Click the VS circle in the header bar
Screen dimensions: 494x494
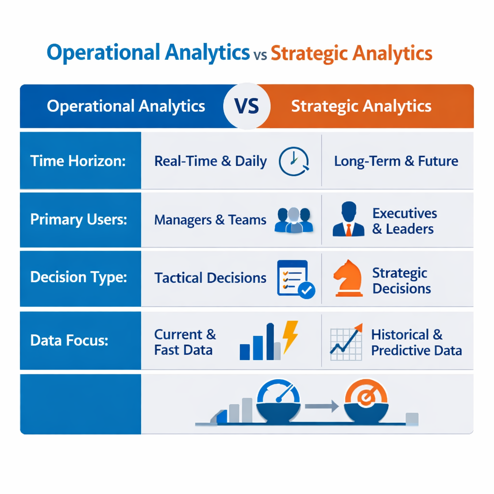click(247, 106)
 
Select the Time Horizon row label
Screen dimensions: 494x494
click(78, 161)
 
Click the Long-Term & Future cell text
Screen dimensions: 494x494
click(396, 161)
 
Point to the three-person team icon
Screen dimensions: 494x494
click(293, 220)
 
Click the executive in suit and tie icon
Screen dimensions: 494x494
click(348, 220)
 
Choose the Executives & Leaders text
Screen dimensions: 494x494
click(404, 220)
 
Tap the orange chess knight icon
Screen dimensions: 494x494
click(348, 278)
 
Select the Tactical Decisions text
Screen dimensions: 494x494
click(210, 278)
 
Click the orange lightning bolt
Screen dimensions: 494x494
click(290, 336)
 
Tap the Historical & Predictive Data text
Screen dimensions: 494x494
click(416, 342)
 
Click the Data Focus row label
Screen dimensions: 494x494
click(69, 341)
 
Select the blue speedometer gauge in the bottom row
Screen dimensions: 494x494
click(278, 400)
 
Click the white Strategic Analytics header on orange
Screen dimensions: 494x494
click(361, 106)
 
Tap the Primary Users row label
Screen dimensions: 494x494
click(79, 220)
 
